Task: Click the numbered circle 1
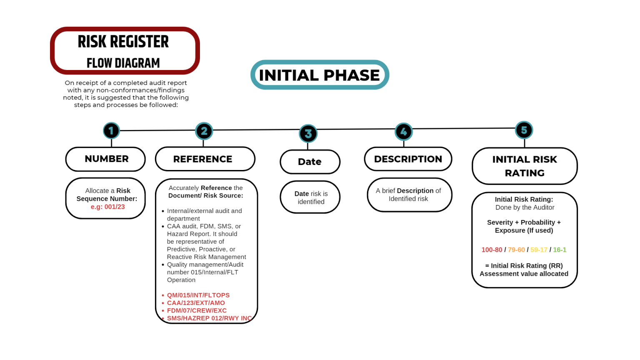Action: (x=111, y=131)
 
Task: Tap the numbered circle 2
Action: (x=204, y=131)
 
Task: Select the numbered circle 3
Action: (x=308, y=134)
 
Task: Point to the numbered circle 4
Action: (x=403, y=132)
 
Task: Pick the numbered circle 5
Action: (x=524, y=130)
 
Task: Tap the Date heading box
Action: (x=310, y=162)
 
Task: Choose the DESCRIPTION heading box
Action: (x=408, y=159)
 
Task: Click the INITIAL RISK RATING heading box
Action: (x=525, y=166)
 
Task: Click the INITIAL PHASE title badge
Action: (x=320, y=75)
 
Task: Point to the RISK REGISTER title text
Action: (x=123, y=42)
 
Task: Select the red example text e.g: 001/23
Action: (x=108, y=207)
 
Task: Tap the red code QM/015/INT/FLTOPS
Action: (x=198, y=295)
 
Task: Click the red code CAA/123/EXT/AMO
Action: (x=196, y=303)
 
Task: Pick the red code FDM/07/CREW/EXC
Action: (x=197, y=310)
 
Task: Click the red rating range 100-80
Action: (x=492, y=250)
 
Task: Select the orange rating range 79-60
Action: (x=516, y=250)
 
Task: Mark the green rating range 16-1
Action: (x=560, y=250)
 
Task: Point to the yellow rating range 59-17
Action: (x=539, y=250)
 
